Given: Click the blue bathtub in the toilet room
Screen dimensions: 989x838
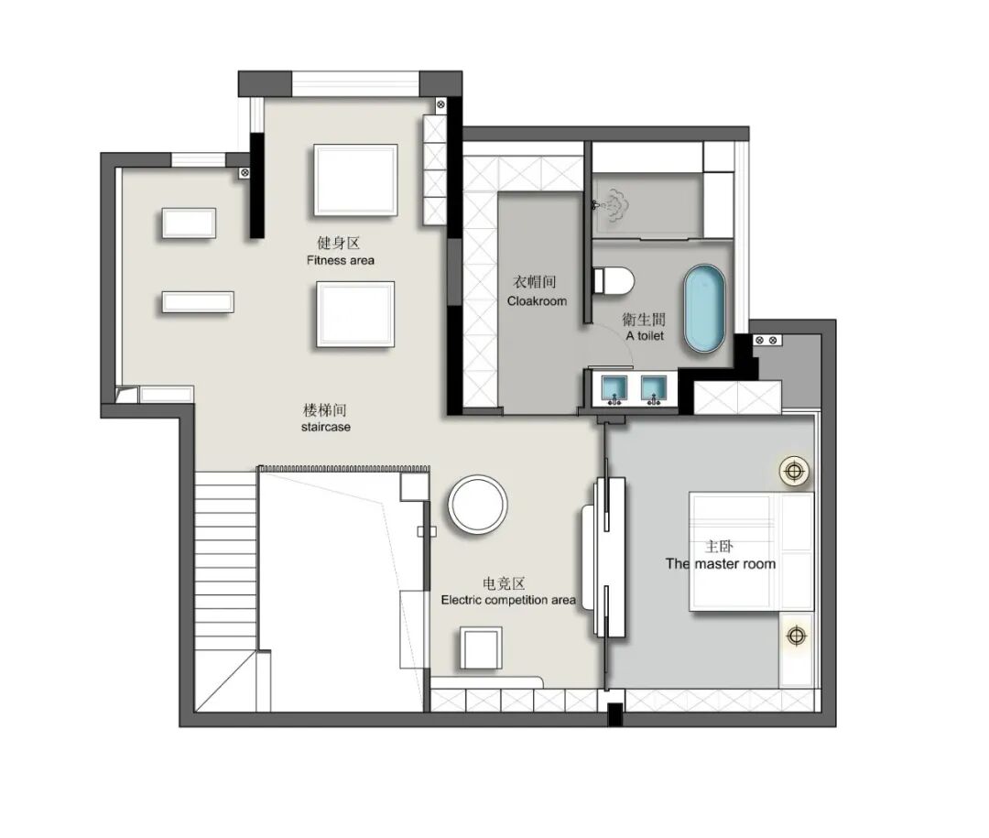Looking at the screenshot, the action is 704,309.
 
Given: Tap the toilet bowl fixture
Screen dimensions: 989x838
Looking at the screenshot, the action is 614,281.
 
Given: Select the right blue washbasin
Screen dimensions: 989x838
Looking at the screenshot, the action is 654,389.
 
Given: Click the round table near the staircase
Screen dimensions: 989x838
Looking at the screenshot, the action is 477,504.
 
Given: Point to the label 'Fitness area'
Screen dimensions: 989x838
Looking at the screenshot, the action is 341,260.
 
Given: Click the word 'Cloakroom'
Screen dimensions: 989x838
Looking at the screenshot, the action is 537,301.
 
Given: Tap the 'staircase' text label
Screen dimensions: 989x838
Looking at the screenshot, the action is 325,427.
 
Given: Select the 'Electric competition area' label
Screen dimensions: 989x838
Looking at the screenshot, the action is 508,600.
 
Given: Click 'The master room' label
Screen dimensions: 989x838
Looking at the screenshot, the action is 721,563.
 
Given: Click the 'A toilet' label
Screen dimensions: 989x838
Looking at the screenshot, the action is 645,336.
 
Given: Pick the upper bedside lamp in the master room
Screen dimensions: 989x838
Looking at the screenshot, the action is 794,472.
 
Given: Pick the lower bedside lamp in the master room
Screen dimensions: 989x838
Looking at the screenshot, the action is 797,636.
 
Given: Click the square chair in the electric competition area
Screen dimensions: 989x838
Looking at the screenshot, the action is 482,648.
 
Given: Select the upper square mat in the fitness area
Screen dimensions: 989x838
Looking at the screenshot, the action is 355,180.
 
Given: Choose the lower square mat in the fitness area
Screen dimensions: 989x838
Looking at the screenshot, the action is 355,314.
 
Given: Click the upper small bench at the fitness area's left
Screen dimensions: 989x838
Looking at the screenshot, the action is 190,223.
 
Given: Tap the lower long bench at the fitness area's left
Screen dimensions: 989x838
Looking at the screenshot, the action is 198,301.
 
